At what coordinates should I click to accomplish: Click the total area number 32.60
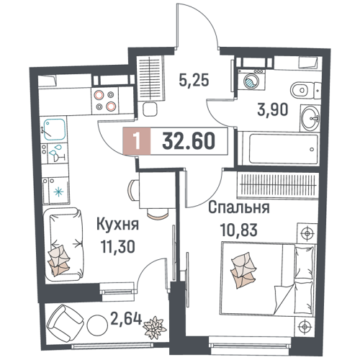click(189, 141)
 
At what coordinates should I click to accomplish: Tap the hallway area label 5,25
click(194, 80)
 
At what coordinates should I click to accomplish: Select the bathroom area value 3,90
click(272, 110)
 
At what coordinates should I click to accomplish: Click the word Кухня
click(117, 225)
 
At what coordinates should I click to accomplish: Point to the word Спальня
click(239, 207)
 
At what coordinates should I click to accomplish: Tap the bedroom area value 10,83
click(239, 230)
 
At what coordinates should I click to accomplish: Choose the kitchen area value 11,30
click(117, 246)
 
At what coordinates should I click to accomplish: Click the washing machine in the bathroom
click(251, 80)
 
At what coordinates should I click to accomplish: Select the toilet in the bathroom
click(305, 90)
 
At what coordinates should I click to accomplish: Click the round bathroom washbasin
click(310, 118)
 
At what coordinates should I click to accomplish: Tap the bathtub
click(284, 149)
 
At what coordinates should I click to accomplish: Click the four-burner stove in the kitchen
click(105, 100)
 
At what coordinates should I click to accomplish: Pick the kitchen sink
click(54, 130)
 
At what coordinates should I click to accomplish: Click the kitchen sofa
click(64, 244)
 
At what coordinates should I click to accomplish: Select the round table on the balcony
click(97, 325)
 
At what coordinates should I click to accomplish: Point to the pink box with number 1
click(137, 141)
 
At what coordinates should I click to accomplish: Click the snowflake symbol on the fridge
click(58, 192)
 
